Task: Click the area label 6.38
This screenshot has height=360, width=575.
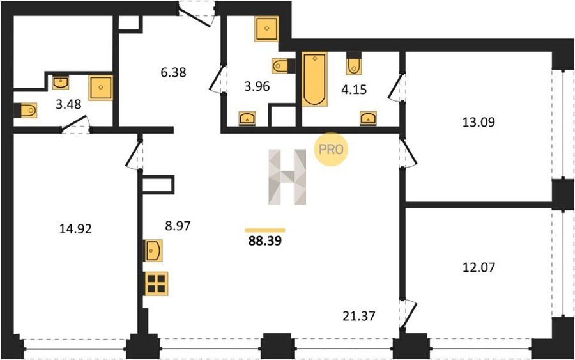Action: click(x=173, y=72)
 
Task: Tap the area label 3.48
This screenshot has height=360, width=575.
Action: click(x=68, y=104)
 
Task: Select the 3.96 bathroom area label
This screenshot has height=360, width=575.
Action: click(x=257, y=86)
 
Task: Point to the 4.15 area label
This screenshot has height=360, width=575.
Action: click(x=354, y=89)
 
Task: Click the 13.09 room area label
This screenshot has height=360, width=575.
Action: click(x=479, y=122)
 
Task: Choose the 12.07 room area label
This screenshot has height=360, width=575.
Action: click(x=479, y=267)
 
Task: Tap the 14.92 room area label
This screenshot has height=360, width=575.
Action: click(x=75, y=229)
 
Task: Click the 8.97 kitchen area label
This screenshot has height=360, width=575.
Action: click(x=178, y=226)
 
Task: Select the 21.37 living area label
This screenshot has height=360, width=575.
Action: click(x=359, y=316)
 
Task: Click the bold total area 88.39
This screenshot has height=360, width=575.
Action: click(x=265, y=240)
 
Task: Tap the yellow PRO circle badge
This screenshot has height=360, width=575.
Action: click(x=331, y=150)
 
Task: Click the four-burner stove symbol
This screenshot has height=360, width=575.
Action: click(x=157, y=284)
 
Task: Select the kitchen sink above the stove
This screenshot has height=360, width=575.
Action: click(x=153, y=251)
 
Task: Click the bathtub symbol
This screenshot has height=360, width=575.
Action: click(x=314, y=79)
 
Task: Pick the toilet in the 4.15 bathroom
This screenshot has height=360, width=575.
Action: click(x=354, y=63)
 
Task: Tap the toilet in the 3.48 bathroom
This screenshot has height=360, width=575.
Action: click(x=26, y=111)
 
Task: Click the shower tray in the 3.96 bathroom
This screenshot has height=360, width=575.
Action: click(x=266, y=29)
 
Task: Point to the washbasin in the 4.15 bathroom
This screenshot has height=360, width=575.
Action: click(x=368, y=118)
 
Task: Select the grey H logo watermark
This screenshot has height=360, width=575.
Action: click(x=287, y=177)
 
